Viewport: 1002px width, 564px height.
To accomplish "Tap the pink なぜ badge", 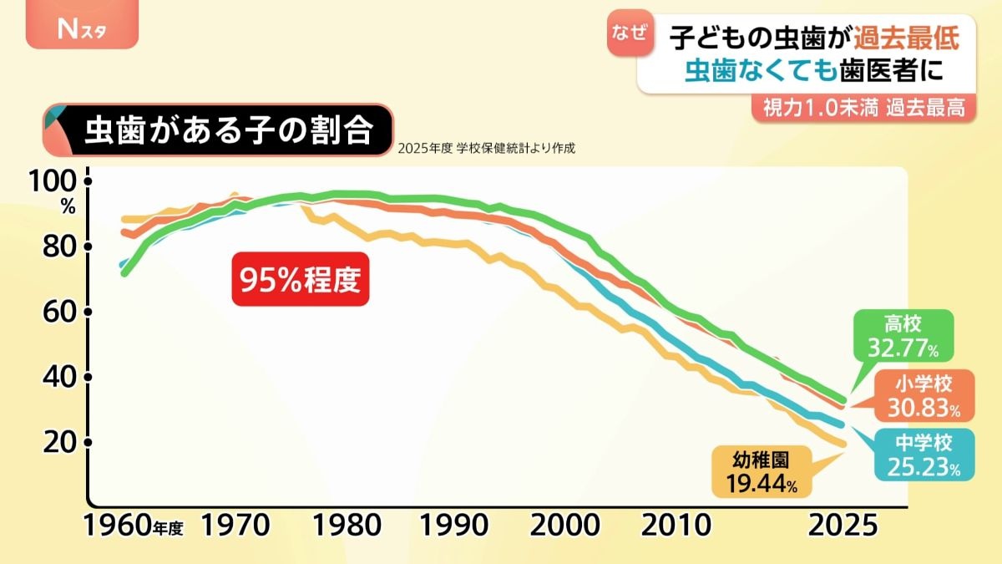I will point(629,34).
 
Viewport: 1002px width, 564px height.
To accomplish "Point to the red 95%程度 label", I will point(301,280).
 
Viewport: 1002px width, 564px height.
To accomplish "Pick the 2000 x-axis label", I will point(566,526).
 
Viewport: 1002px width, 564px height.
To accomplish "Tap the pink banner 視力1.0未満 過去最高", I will point(863,108).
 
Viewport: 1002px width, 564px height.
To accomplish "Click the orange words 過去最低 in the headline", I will point(908,38).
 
